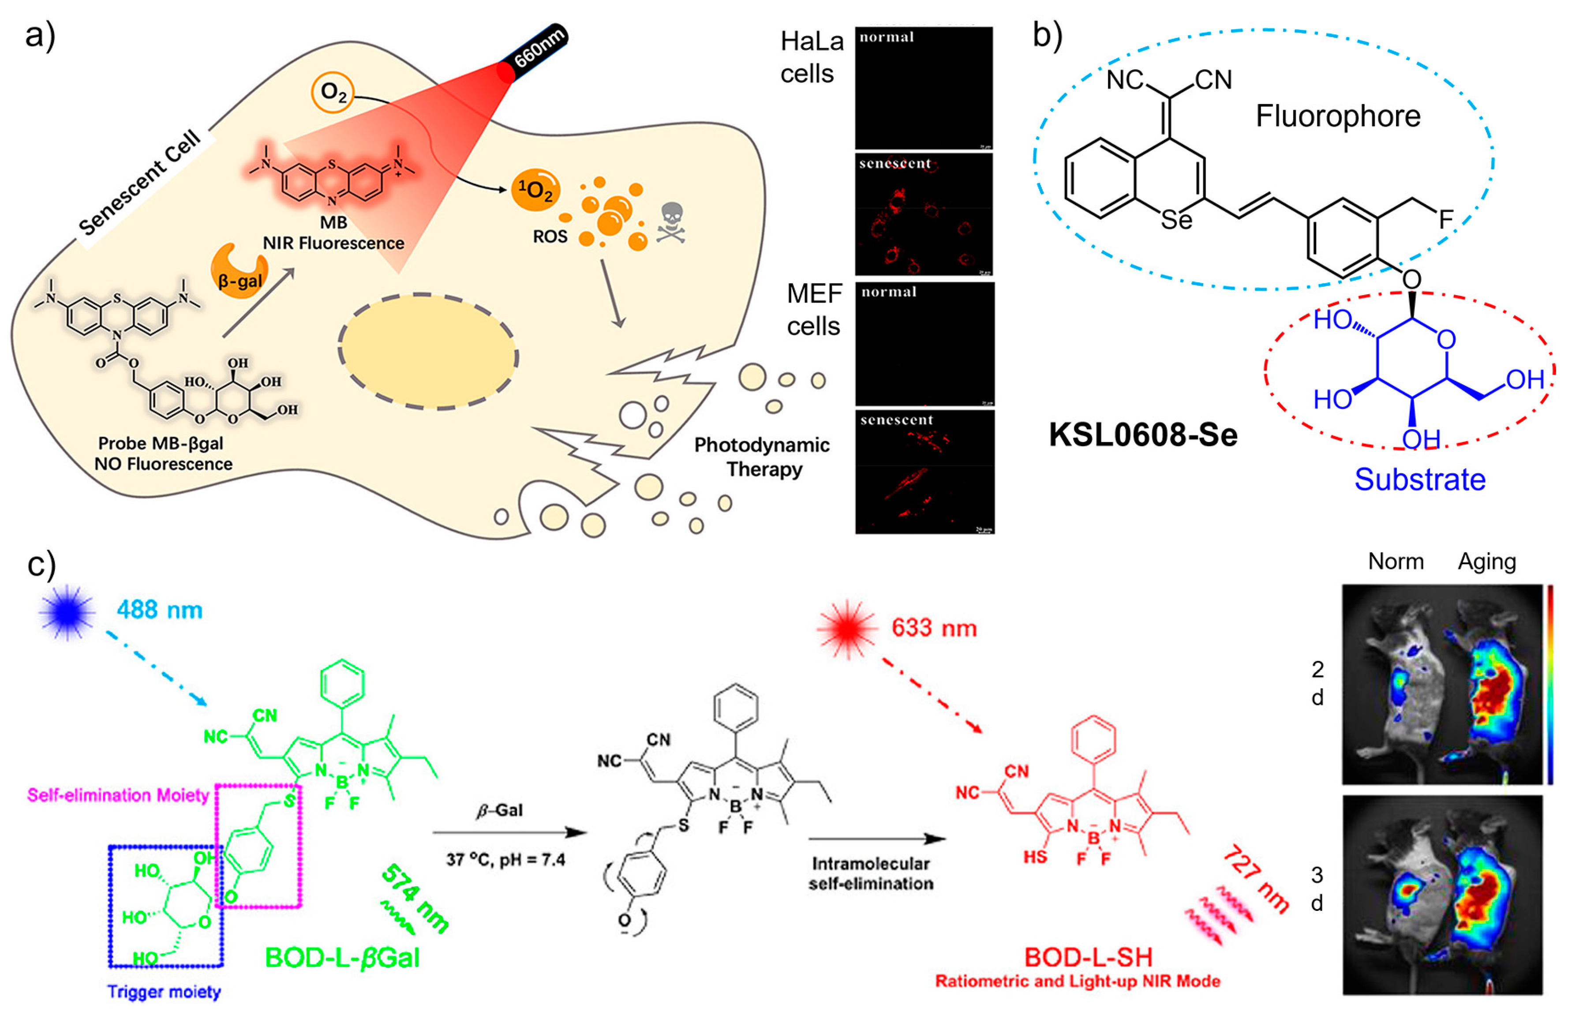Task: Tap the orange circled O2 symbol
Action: [333, 93]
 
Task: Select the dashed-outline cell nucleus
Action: [428, 351]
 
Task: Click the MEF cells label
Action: [814, 310]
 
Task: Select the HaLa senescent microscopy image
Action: [923, 215]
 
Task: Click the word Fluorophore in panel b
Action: [1337, 116]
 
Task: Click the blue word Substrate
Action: [1419, 480]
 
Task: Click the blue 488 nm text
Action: [159, 610]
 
